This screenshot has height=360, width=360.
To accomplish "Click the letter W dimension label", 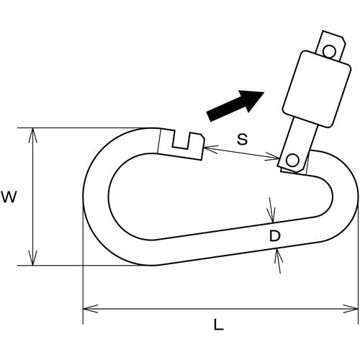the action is pos(9,197).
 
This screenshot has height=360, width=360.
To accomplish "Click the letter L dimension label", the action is pos(218,324).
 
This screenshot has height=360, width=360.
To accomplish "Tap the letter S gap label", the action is pos(242,139).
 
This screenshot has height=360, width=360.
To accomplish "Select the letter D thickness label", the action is pos(275,235).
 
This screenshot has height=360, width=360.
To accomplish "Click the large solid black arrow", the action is pos(235,106).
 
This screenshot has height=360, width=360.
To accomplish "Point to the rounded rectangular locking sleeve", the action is pos(317,89).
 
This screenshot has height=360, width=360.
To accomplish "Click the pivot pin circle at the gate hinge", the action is pos(292,159).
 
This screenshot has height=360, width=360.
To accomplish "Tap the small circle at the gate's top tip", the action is pos(329,51).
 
